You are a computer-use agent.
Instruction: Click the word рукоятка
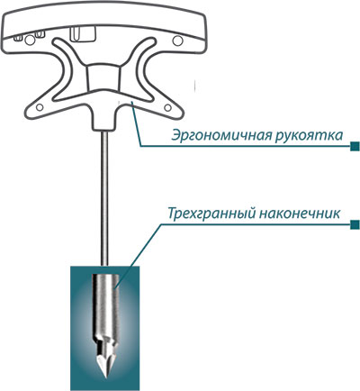click(x=309, y=136)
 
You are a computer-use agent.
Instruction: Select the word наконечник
click(x=299, y=214)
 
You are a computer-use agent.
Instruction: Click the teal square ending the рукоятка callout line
click(x=355, y=146)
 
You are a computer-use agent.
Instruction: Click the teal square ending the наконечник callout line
click(x=355, y=224)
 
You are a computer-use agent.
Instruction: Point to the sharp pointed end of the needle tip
click(x=104, y=377)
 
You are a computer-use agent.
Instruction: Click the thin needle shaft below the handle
click(x=104, y=198)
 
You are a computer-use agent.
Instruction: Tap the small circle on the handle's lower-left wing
click(x=40, y=107)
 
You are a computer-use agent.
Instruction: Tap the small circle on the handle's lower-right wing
click(x=167, y=107)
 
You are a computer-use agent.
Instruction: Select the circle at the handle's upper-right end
click(x=178, y=40)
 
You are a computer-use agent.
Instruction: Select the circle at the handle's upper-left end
click(x=30, y=40)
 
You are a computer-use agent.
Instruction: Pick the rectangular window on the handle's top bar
click(x=83, y=33)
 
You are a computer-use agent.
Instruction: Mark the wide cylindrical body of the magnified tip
click(x=104, y=306)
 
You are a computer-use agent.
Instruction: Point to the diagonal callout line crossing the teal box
click(x=138, y=255)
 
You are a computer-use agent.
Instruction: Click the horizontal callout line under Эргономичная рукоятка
click(x=246, y=146)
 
